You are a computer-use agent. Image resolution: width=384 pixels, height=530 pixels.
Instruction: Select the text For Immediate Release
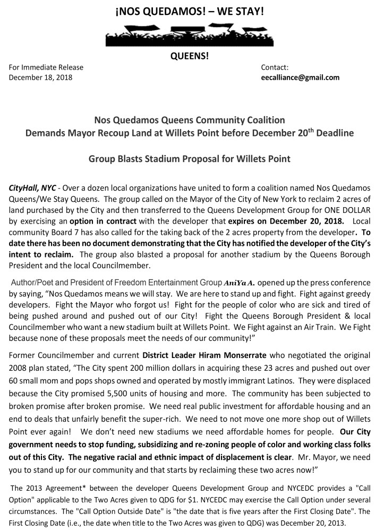pos(46,67)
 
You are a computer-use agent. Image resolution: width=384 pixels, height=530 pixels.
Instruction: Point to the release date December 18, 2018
pos(41,78)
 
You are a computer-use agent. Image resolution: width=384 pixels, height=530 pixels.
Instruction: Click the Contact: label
pos(275,67)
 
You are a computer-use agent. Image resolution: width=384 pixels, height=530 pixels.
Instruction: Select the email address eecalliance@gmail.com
pos(300,78)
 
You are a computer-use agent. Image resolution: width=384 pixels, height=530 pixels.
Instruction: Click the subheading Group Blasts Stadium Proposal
pos(190,159)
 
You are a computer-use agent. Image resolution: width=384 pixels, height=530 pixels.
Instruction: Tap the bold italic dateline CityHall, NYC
pos(32,189)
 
